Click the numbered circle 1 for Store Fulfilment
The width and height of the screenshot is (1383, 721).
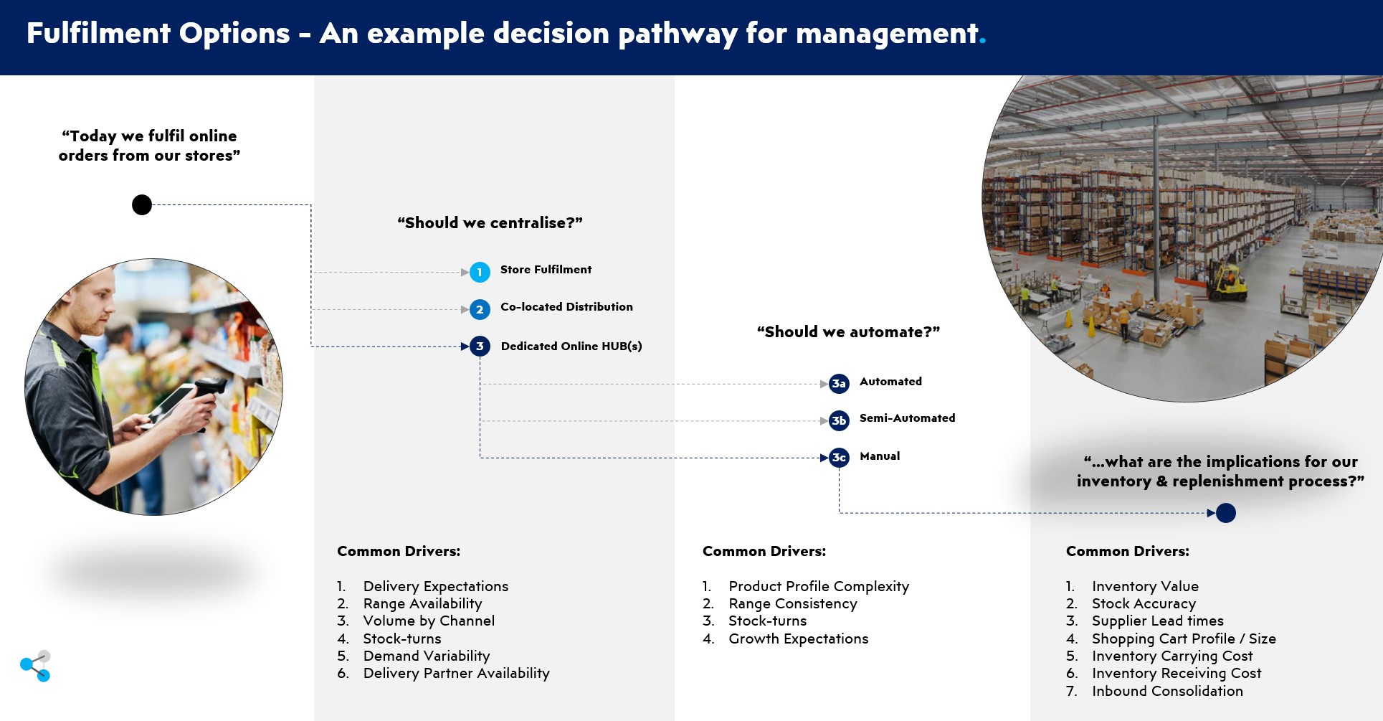tap(480, 272)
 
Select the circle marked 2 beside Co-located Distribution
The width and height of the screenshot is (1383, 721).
tap(480, 310)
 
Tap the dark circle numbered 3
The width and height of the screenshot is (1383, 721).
tap(480, 347)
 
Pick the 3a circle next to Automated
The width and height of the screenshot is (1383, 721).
tap(839, 384)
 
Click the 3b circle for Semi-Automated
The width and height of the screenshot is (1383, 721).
tap(839, 420)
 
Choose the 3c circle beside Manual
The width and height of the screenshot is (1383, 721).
tap(839, 458)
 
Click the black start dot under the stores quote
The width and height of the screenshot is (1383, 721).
tap(142, 205)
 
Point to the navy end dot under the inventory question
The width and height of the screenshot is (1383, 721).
tap(1226, 513)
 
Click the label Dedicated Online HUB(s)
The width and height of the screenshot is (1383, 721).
tap(571, 347)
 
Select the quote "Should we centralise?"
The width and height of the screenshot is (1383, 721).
tap(490, 223)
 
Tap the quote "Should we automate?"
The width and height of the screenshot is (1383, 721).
tap(848, 332)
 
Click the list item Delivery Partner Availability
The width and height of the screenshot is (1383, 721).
tap(456, 674)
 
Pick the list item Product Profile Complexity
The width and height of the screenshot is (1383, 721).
tap(818, 587)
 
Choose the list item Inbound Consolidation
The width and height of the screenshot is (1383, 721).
tap(1167, 692)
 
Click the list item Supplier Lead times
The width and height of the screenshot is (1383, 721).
tap(1157, 621)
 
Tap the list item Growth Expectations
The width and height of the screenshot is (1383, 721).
tap(798, 639)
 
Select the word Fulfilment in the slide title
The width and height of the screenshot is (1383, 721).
tap(98, 34)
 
